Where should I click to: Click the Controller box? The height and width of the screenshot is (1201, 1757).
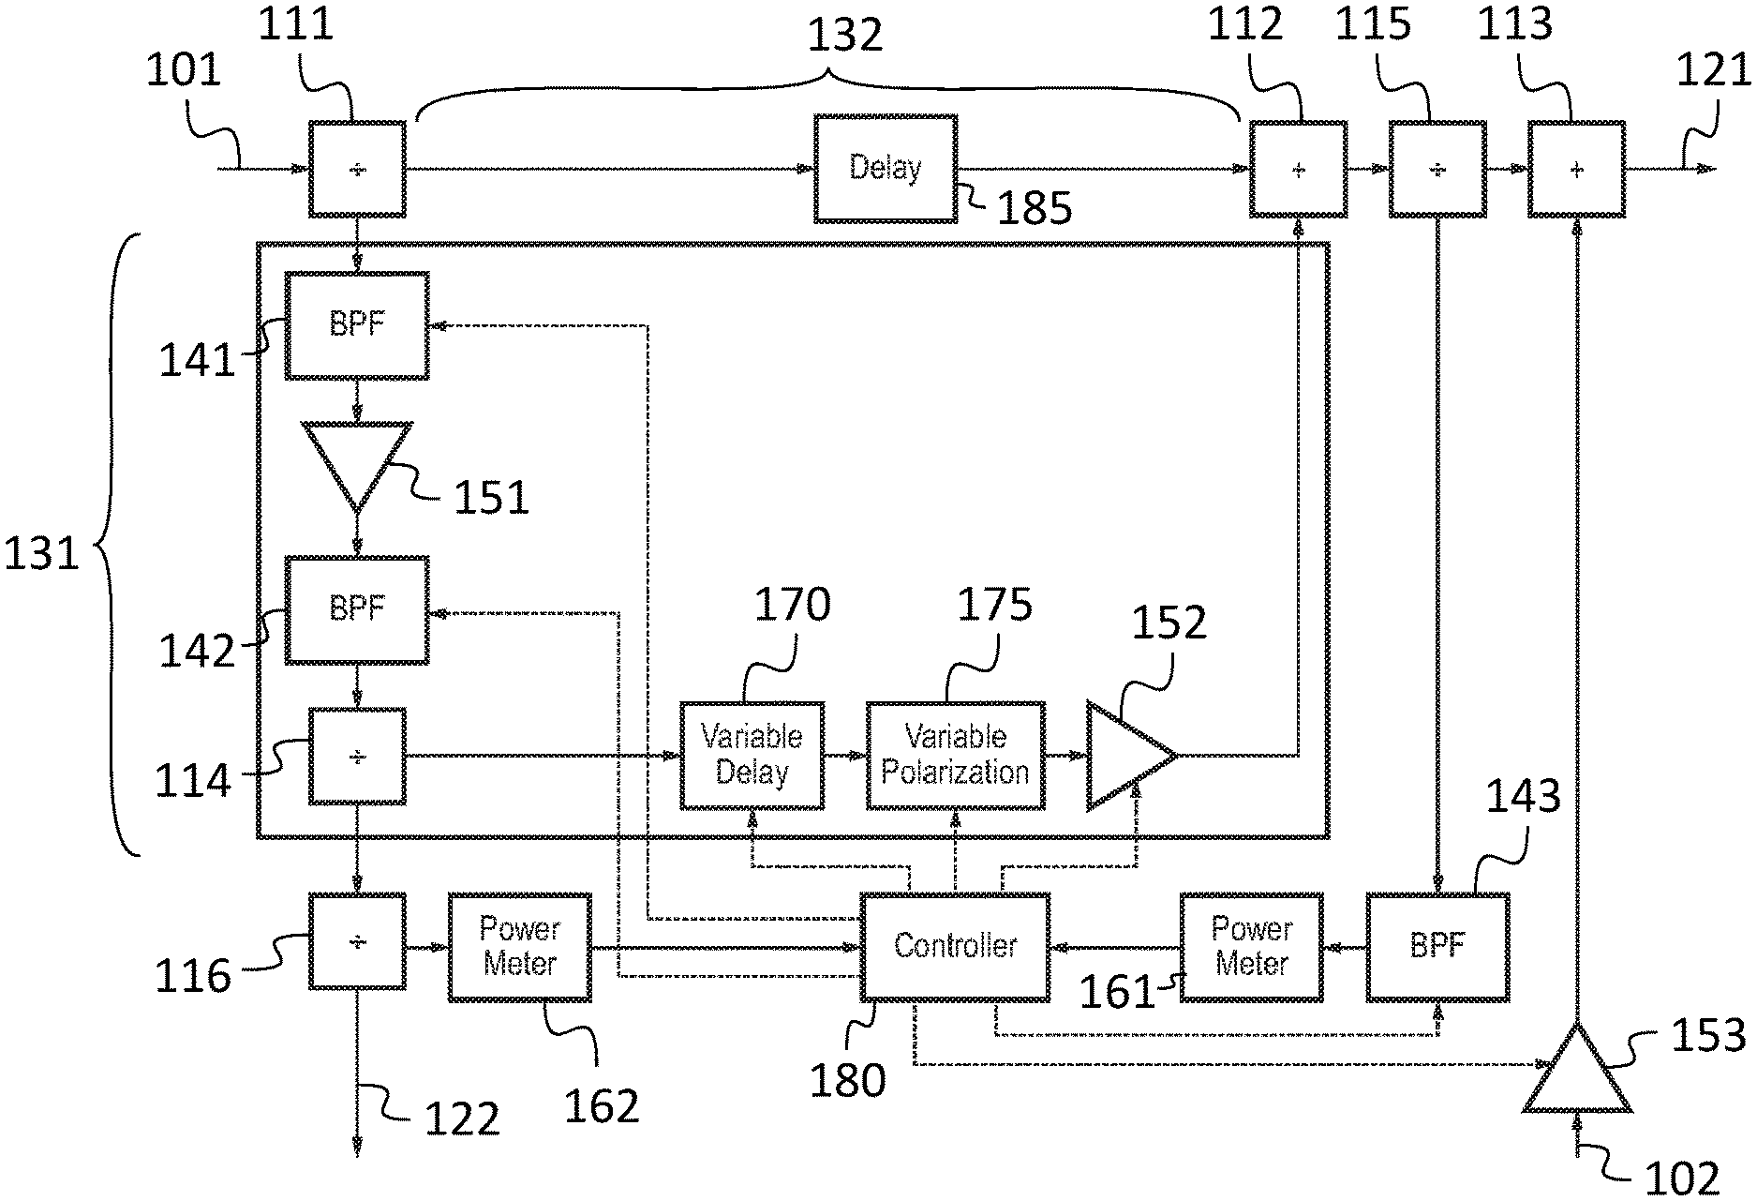tap(954, 945)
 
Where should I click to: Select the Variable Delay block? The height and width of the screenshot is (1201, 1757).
tap(752, 755)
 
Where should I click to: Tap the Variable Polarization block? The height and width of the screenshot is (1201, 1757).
tap(955, 755)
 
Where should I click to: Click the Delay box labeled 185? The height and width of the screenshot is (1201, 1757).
tap(885, 169)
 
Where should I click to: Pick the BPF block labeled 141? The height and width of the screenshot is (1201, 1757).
tap(357, 325)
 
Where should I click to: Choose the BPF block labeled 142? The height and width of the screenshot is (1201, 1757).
tap(357, 610)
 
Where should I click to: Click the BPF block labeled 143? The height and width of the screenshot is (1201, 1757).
tap(1437, 947)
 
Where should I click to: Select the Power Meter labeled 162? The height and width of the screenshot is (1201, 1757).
tap(519, 947)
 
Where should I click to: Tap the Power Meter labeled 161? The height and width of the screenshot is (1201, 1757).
tap(1251, 947)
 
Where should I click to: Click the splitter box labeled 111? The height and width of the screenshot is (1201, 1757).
tap(357, 169)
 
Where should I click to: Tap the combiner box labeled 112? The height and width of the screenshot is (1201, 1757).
tap(1298, 169)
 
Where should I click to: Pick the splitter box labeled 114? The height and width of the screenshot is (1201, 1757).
tap(357, 756)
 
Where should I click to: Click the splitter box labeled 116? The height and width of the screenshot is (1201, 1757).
tap(357, 941)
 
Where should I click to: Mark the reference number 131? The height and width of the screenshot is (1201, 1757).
tap(41, 554)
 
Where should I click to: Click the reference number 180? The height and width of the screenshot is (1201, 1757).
tap(847, 1078)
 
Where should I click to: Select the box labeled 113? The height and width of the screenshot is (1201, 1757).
tap(1576, 169)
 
